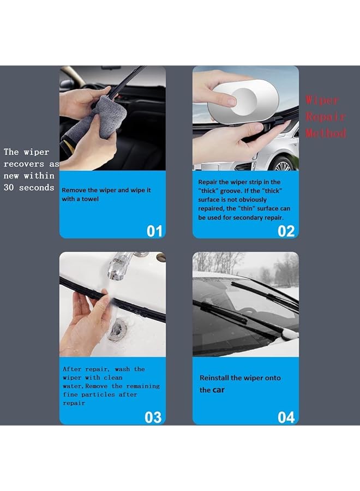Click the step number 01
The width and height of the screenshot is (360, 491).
point(154,231)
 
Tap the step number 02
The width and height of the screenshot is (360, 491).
point(286,231)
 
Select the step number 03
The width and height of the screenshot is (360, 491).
point(153,417)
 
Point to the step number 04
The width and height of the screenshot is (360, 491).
point(286,417)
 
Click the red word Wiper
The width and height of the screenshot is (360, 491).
point(322,100)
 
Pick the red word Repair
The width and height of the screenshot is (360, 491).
point(326,117)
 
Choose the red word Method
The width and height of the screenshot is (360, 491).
point(326,133)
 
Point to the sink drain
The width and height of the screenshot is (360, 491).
point(117,330)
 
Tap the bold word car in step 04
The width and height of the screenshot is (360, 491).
point(218,390)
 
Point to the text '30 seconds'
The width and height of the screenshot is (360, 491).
point(29,188)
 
